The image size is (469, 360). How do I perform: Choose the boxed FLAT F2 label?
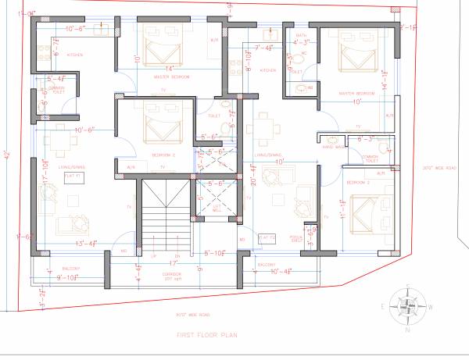pyautogui.click(x=267, y=237)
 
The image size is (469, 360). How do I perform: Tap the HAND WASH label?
pyautogui.click(x=334, y=145)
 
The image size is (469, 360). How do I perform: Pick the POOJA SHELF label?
pyautogui.click(x=295, y=237)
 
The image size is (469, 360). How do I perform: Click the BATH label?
pyautogui.click(x=301, y=35)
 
